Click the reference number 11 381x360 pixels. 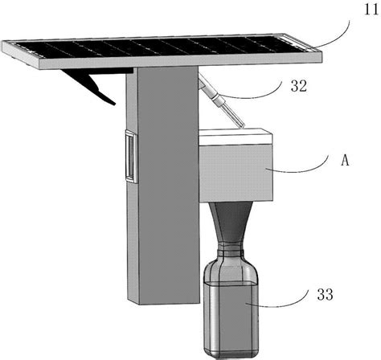click(371, 10)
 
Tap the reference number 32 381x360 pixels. click(298, 86)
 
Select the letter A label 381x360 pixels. click(345, 161)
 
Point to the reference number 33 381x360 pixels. click(325, 294)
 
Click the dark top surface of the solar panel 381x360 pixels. click(161, 47)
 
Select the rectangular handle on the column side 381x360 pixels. click(131, 157)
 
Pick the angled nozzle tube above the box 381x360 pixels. click(221, 101)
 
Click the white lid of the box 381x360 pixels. click(236, 137)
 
